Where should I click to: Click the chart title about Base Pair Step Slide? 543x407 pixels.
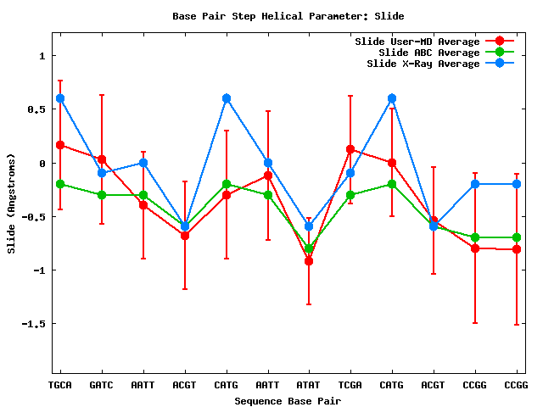[x=288, y=16]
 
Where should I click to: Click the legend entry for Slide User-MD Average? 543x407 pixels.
[x=417, y=42]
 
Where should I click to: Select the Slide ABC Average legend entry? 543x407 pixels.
[x=428, y=53]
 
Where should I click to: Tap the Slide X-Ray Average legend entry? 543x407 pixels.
[x=422, y=64]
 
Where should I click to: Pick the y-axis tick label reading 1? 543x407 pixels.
[x=42, y=56]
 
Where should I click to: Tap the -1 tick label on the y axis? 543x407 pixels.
[x=36, y=270]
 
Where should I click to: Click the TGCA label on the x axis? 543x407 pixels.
[x=59, y=385]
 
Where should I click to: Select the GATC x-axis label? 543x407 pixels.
[x=101, y=385]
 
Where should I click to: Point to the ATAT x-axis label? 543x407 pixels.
[x=309, y=385]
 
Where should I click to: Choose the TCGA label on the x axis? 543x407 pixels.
[x=350, y=385]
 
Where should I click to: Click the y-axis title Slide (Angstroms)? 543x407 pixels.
[x=11, y=203]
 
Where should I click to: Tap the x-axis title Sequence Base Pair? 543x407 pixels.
[x=288, y=400]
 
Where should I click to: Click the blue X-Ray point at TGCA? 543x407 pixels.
[x=60, y=98]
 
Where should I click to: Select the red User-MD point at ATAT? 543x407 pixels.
[x=309, y=261]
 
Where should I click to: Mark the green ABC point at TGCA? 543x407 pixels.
[x=60, y=184]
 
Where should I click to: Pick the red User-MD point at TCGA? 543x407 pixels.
[x=350, y=149]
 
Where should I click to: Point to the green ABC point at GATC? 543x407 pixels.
[x=102, y=195]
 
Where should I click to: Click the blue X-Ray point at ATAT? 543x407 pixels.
[x=309, y=226]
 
